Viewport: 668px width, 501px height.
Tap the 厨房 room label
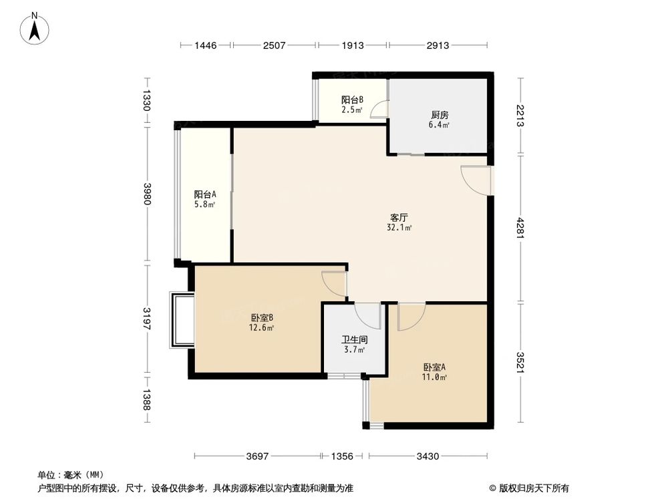439,114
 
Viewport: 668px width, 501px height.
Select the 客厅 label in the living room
399,217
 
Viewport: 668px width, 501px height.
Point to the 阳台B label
352,100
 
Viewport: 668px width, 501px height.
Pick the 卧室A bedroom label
434,367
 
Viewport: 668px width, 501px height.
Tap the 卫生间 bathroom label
353,339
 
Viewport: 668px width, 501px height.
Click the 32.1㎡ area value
399,228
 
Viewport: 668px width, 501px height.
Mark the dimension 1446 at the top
206,45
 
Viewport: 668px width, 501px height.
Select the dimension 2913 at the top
438,45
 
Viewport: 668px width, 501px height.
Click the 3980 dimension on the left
147,194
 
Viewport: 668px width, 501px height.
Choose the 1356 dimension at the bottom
343,456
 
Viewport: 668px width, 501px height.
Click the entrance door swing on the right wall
476,180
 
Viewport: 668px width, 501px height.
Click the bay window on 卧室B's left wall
180,320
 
